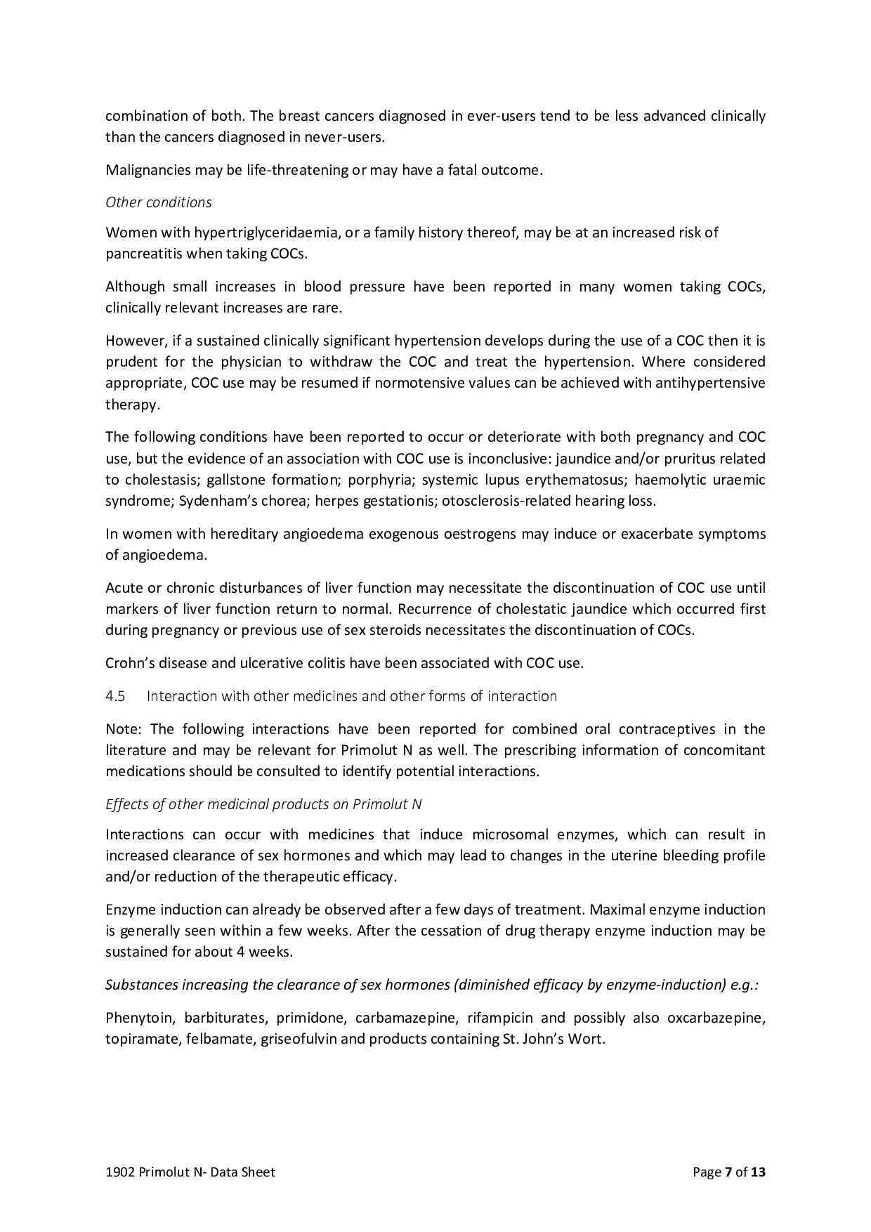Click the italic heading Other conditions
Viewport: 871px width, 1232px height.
pos(158,202)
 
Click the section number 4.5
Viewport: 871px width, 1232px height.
pos(115,696)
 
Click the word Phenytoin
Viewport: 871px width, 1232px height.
pos(138,1018)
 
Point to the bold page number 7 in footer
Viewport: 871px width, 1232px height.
pos(728,1172)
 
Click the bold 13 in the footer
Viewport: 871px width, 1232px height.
pos(758,1172)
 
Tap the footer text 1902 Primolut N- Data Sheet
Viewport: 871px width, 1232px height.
pos(190,1172)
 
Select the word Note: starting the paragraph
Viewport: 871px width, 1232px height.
pos(124,729)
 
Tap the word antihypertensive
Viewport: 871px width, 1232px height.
pos(715,384)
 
